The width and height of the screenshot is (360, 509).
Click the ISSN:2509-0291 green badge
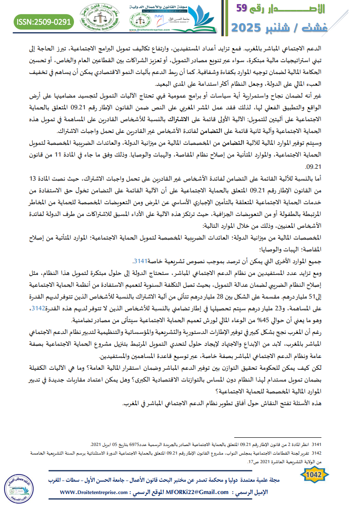(x=44, y=20)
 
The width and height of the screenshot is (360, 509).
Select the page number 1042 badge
(x=314, y=475)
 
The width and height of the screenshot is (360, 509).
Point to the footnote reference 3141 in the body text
(x=140, y=261)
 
